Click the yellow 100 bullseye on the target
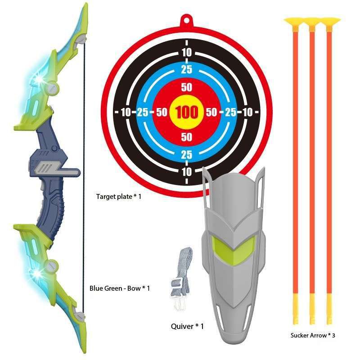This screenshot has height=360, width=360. click(187, 112)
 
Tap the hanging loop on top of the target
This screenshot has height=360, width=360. click(187, 20)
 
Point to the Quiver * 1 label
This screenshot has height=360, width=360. click(187, 326)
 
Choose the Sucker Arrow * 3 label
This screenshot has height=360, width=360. click(313, 335)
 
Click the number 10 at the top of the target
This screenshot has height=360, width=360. click(187, 53)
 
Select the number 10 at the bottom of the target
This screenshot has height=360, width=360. click(187, 171)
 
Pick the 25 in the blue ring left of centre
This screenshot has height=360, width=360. click(142, 112)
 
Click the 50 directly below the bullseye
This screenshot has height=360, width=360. click(187, 136)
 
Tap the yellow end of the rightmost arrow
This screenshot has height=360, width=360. click(328, 310)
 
